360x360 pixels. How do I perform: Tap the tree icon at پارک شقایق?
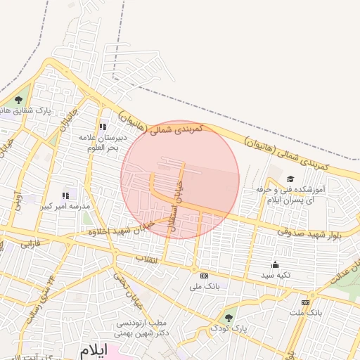(18, 100)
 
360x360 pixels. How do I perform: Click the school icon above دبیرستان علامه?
(103, 127)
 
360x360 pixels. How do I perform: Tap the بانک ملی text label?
(205, 287)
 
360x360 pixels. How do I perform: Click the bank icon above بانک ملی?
(205, 276)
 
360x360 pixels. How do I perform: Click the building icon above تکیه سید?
(275, 266)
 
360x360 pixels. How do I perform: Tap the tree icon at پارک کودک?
(228, 317)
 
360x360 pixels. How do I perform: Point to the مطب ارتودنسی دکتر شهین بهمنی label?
(142, 328)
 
